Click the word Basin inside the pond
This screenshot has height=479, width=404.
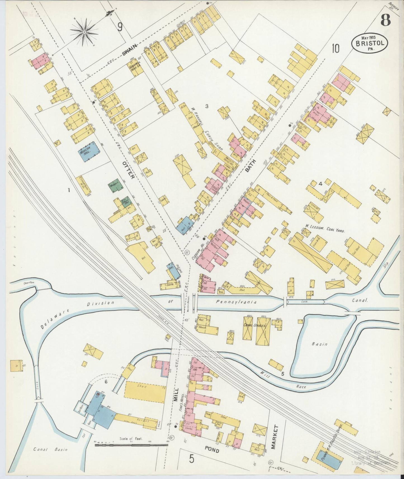point(319,344)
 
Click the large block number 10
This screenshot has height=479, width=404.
point(336,48)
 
